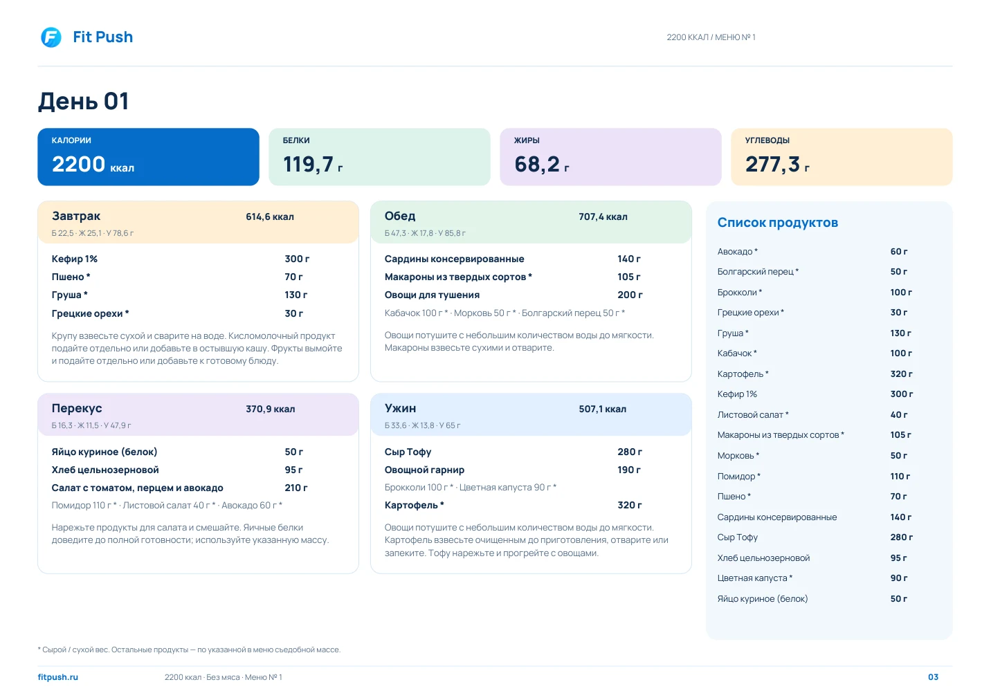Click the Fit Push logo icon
[51, 37]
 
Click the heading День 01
[83, 101]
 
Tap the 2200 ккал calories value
[93, 164]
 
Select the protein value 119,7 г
[313, 164]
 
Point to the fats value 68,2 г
[541, 164]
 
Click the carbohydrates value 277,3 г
[777, 164]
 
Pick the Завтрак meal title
[76, 216]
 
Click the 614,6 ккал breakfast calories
[270, 217]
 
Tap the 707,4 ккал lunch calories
[603, 217]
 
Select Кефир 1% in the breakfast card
[74, 259]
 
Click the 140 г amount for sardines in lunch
[629, 259]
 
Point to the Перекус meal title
[77, 408]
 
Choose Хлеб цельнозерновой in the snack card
[105, 470]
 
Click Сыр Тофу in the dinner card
[408, 452]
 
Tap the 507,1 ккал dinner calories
[603, 409]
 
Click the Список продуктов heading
[778, 223]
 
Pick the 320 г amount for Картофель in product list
[901, 374]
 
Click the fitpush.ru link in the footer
[58, 677]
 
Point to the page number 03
[933, 677]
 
